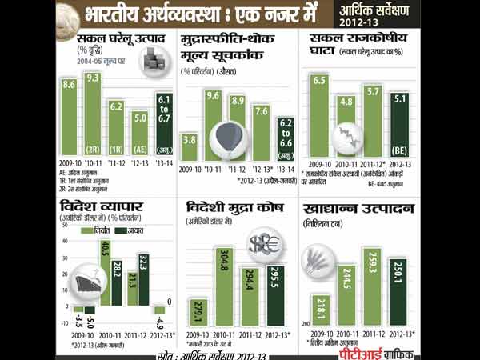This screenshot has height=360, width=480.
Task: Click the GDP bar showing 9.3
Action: [x=93, y=112]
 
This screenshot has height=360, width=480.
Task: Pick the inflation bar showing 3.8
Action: [x=190, y=148]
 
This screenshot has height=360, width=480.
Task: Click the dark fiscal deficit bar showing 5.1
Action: [x=399, y=124]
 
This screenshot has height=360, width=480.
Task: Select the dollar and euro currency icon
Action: [x=262, y=242]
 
